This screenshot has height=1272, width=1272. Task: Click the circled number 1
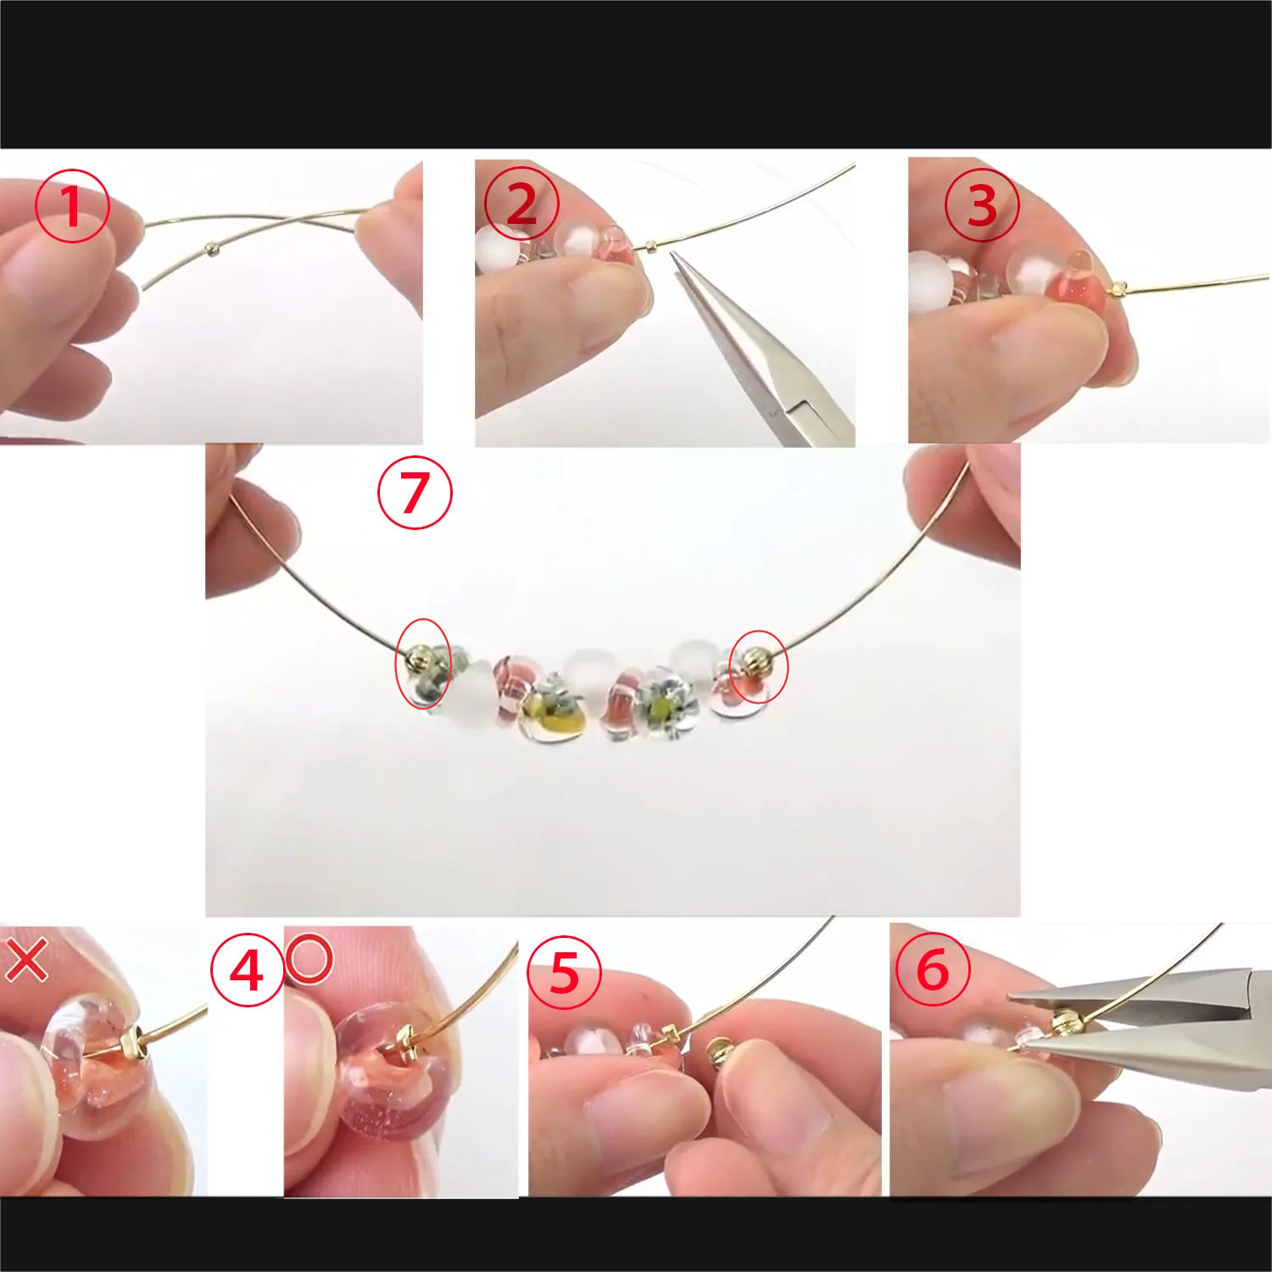(x=72, y=206)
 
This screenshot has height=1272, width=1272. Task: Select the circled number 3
(x=982, y=205)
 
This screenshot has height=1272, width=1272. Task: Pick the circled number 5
(x=564, y=972)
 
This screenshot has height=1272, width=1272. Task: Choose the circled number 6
(x=933, y=968)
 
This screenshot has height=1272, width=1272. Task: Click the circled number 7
(x=415, y=493)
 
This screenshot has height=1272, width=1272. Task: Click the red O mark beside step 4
(x=309, y=959)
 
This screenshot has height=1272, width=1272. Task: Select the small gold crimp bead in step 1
(x=211, y=248)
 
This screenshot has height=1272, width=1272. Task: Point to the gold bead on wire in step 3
(x=1119, y=289)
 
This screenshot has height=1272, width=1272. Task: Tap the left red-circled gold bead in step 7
(x=419, y=658)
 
